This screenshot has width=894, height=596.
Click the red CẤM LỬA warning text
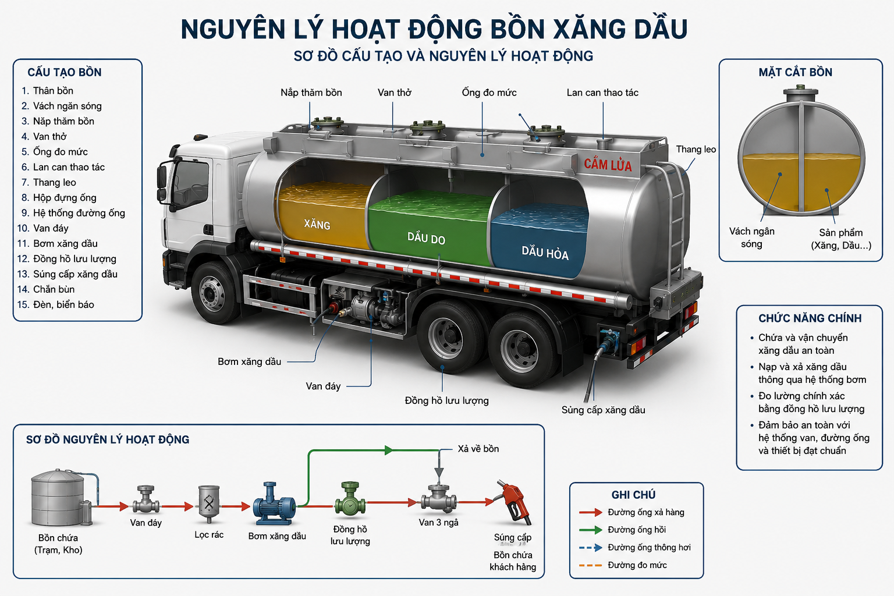point(608,164)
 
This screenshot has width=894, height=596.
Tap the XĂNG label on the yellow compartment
point(317,224)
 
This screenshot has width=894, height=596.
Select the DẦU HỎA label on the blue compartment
point(545,253)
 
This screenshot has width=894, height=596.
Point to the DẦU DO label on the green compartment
point(426,238)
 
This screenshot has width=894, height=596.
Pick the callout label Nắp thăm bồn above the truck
point(311,93)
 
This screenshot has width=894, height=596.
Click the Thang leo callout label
point(696,150)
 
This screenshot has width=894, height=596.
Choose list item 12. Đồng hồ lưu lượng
point(67,258)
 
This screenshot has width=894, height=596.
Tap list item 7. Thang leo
point(49,182)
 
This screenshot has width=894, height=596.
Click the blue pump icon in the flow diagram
point(274,503)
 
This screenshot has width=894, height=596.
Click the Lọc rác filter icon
point(209,504)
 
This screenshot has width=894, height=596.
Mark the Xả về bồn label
point(478,449)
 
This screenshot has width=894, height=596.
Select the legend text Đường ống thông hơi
point(649,547)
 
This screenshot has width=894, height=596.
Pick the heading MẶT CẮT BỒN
point(796,72)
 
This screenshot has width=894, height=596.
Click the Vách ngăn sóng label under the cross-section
point(752,237)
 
